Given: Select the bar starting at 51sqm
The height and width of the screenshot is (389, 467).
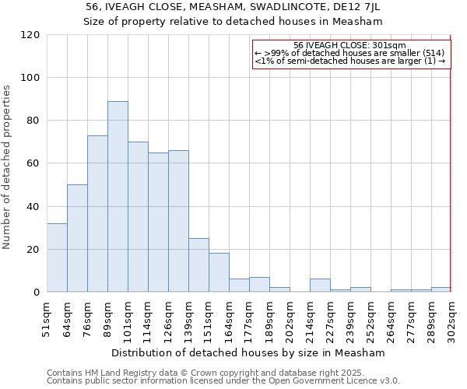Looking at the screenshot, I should click(x=57, y=258).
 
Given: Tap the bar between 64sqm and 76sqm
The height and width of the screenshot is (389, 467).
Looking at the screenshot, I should click(x=77, y=238).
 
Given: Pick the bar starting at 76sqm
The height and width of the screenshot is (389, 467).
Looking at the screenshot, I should click(x=97, y=214).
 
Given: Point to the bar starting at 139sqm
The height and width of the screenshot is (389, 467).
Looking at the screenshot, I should click(x=198, y=265).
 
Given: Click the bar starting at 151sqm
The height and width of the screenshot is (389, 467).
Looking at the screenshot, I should click(x=219, y=273).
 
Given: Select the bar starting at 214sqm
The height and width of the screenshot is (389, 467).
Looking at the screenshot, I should click(x=320, y=286).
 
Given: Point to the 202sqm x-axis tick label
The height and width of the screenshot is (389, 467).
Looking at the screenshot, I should click(x=290, y=320).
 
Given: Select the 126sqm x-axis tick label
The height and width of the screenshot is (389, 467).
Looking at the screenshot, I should click(x=169, y=320).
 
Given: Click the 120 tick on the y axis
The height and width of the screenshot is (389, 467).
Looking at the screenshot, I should click(x=30, y=35).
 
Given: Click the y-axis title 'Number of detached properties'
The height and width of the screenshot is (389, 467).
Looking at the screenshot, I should click(x=8, y=166).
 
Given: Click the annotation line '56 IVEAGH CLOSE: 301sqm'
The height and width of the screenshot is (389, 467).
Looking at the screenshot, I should click(x=350, y=45).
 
